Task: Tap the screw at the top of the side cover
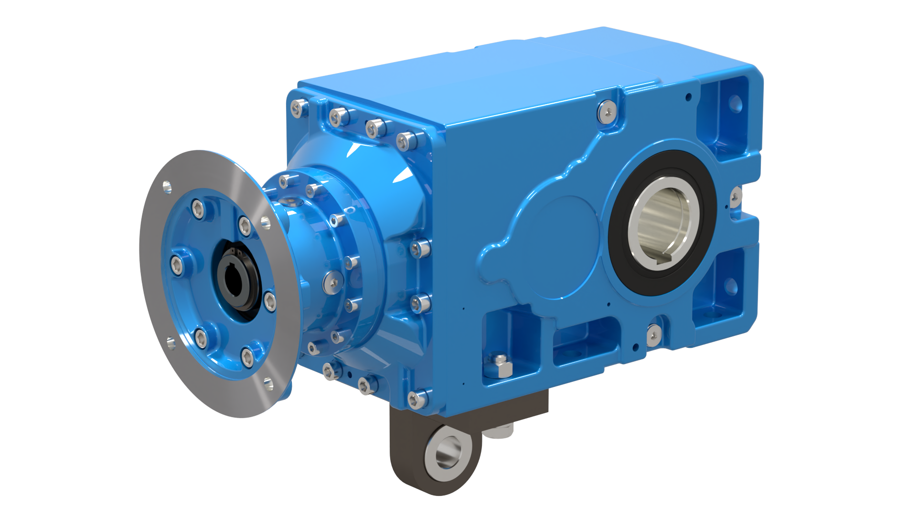(x=607, y=111)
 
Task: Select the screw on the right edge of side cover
(x=736, y=196)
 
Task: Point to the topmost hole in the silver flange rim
(x=167, y=186)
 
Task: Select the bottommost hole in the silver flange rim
(x=268, y=382)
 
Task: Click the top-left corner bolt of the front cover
(x=299, y=108)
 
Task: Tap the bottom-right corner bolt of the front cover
(x=417, y=399)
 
